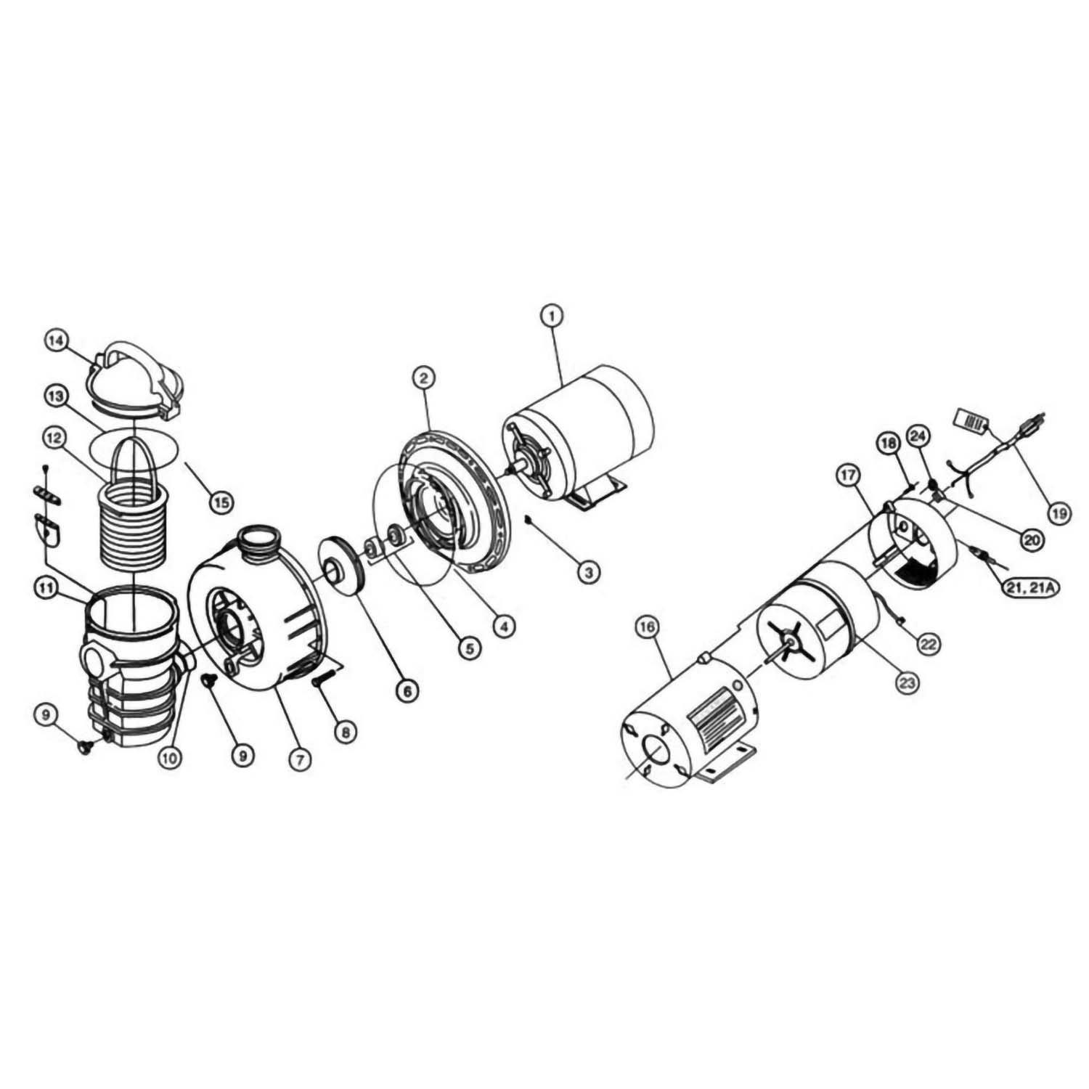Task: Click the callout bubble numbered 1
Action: [x=552, y=317]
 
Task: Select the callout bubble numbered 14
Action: [x=56, y=340]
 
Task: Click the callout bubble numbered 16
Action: [x=649, y=627]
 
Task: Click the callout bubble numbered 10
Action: [x=170, y=758]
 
